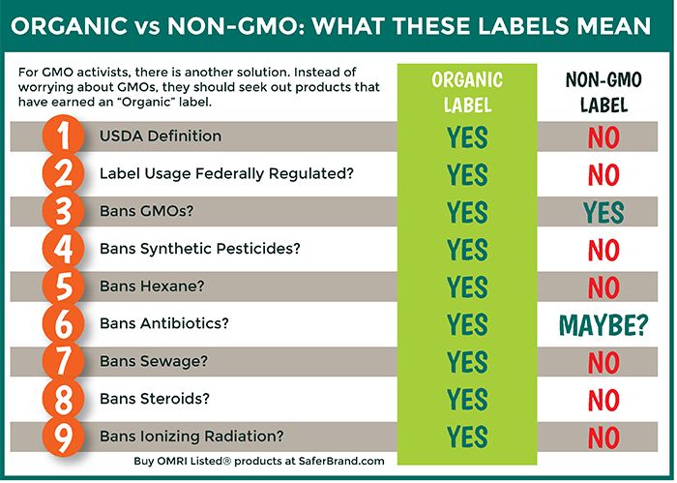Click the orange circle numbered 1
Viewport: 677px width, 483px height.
tap(63, 136)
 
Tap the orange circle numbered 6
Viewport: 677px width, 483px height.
tap(63, 323)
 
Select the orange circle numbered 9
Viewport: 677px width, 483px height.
tap(63, 437)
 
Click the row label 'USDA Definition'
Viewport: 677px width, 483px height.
tap(161, 136)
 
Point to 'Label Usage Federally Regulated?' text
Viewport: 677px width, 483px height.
tap(226, 173)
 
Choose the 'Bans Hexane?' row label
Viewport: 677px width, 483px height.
tap(152, 286)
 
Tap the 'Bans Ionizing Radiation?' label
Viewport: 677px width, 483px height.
tap(191, 437)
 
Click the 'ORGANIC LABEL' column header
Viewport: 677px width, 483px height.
tap(467, 93)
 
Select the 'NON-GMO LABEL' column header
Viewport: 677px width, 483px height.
tap(603, 93)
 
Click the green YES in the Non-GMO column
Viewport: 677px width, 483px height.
tap(603, 212)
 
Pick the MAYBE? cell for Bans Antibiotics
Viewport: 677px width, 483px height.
tap(603, 325)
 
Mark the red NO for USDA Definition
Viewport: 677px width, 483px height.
tap(603, 137)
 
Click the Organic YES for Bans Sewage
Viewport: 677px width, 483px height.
tap(467, 362)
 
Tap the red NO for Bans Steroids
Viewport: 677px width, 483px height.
tap(603, 400)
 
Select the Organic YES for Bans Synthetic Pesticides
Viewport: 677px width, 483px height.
tap(467, 250)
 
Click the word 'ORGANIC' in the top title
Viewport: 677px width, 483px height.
tap(69, 25)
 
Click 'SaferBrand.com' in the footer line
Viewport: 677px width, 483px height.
tap(341, 461)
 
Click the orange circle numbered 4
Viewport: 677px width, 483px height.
tap(63, 249)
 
